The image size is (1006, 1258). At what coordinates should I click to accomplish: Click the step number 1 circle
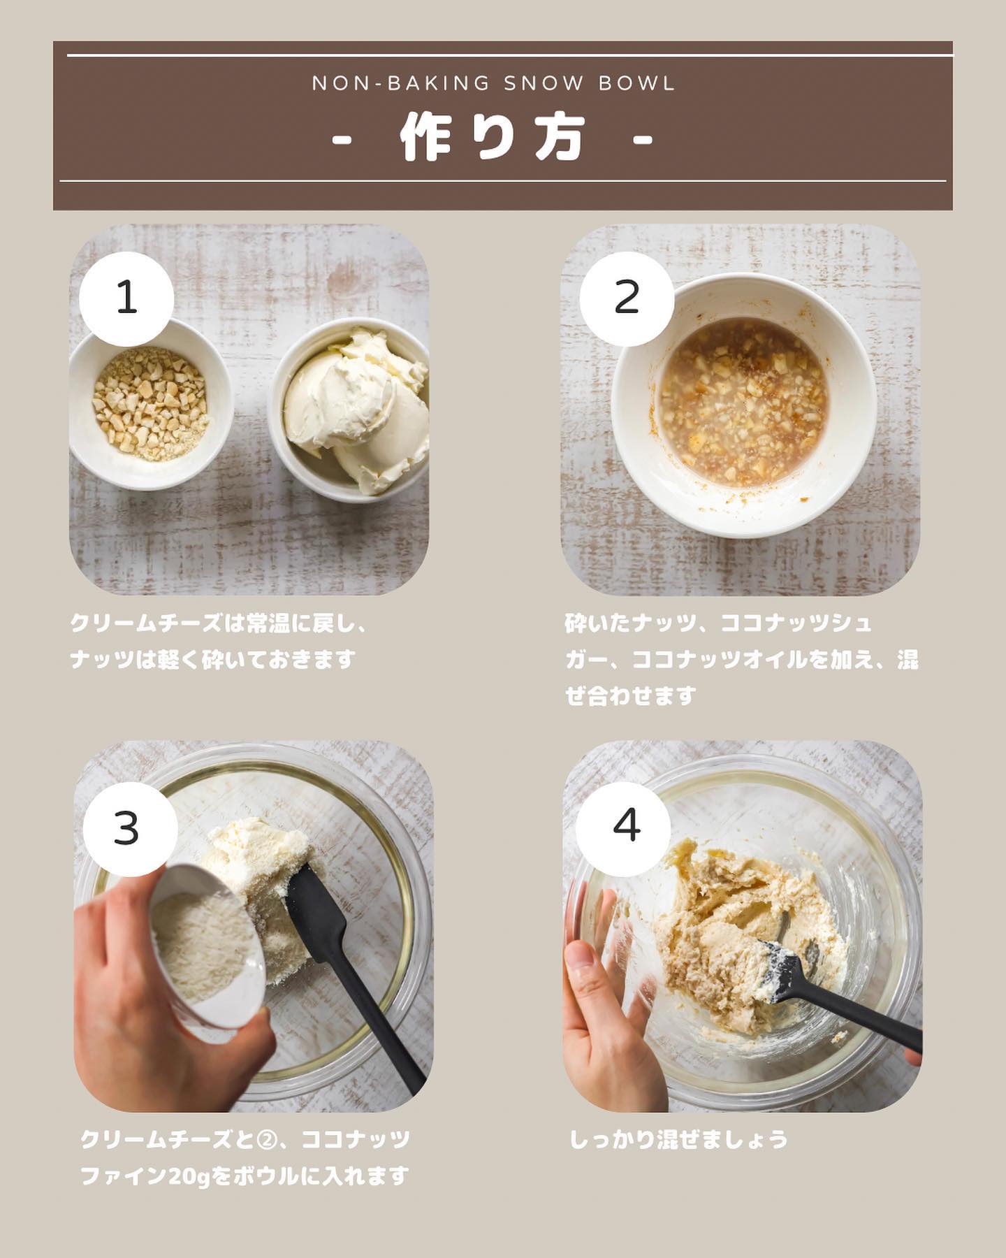tap(126, 298)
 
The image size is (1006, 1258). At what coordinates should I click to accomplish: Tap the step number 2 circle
tap(627, 298)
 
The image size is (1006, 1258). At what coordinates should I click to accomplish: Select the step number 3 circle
tap(131, 829)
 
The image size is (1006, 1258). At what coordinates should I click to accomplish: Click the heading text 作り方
tap(493, 138)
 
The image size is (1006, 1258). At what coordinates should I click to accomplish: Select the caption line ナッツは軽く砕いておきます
tap(213, 659)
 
